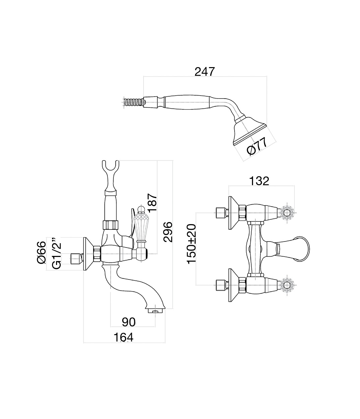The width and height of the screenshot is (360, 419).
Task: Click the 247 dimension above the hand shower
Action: pos(204,71)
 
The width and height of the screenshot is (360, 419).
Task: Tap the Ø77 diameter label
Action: pos(257,146)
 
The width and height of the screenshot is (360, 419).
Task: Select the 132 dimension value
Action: pos(259,181)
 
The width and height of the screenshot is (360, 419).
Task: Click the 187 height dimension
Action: pos(152,202)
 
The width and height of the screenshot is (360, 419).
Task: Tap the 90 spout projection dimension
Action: pos(128,322)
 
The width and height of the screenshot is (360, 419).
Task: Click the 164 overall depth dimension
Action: pos(123,337)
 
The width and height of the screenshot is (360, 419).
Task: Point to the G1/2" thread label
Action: pos(56,253)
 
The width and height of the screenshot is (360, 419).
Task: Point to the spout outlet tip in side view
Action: pos(155,311)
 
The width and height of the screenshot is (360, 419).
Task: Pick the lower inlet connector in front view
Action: pos(220,284)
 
